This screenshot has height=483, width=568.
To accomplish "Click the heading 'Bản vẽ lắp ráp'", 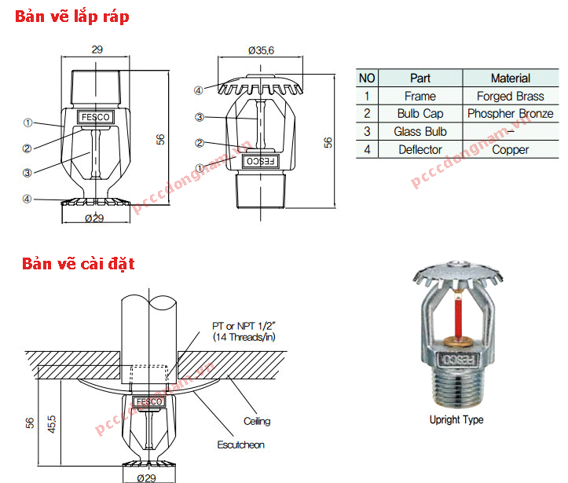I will tap(71, 16).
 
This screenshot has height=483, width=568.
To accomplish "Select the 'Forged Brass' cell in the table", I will tap(510, 96).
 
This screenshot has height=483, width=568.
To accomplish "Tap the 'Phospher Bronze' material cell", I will tap(510, 114).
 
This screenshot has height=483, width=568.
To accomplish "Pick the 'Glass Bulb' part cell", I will tap(420, 132).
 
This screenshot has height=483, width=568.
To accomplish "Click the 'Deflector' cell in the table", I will tap(420, 149).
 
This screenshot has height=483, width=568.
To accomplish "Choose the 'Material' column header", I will tap(510, 79).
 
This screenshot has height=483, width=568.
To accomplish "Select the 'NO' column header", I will tap(367, 79).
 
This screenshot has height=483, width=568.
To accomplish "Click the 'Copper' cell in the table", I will tap(510, 149).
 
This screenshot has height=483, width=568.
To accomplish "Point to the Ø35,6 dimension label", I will tap(260, 49).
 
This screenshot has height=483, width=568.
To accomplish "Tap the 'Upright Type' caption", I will tap(456, 420).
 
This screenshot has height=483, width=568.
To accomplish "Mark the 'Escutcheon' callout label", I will tap(240, 445).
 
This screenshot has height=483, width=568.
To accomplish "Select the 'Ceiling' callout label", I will tap(256, 421).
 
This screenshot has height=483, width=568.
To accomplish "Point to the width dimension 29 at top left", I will tap(97, 49).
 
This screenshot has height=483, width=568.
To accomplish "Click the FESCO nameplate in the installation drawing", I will tap(148, 402).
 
